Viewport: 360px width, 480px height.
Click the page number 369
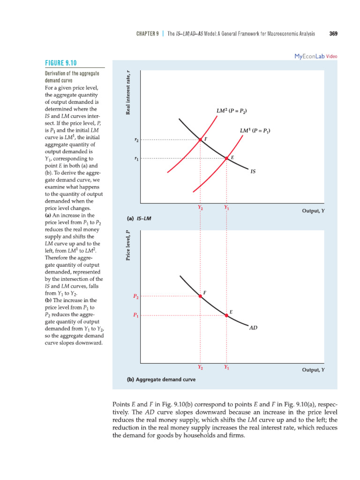coord(334,33)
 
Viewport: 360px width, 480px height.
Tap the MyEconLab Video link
coord(315,56)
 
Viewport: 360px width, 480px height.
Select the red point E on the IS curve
coord(226,158)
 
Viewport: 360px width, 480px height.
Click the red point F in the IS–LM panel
coord(200,140)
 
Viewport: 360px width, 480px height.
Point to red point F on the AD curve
coord(200,296)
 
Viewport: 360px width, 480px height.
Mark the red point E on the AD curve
coord(226,316)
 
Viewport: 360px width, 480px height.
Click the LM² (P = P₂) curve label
coord(232,111)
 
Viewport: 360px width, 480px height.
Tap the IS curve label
coord(253,172)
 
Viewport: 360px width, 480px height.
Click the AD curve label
coord(253,328)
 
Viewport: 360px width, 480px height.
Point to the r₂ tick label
coord(136,140)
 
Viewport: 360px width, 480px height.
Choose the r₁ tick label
coord(136,159)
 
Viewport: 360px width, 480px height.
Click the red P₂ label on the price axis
coord(136,296)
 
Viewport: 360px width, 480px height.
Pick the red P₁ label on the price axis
coord(136,316)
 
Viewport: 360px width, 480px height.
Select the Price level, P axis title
coord(127,246)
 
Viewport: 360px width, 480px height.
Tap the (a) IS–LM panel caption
coord(139,218)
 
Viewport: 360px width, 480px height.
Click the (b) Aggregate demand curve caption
coord(161,379)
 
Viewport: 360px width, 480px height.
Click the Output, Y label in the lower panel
coord(313,370)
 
